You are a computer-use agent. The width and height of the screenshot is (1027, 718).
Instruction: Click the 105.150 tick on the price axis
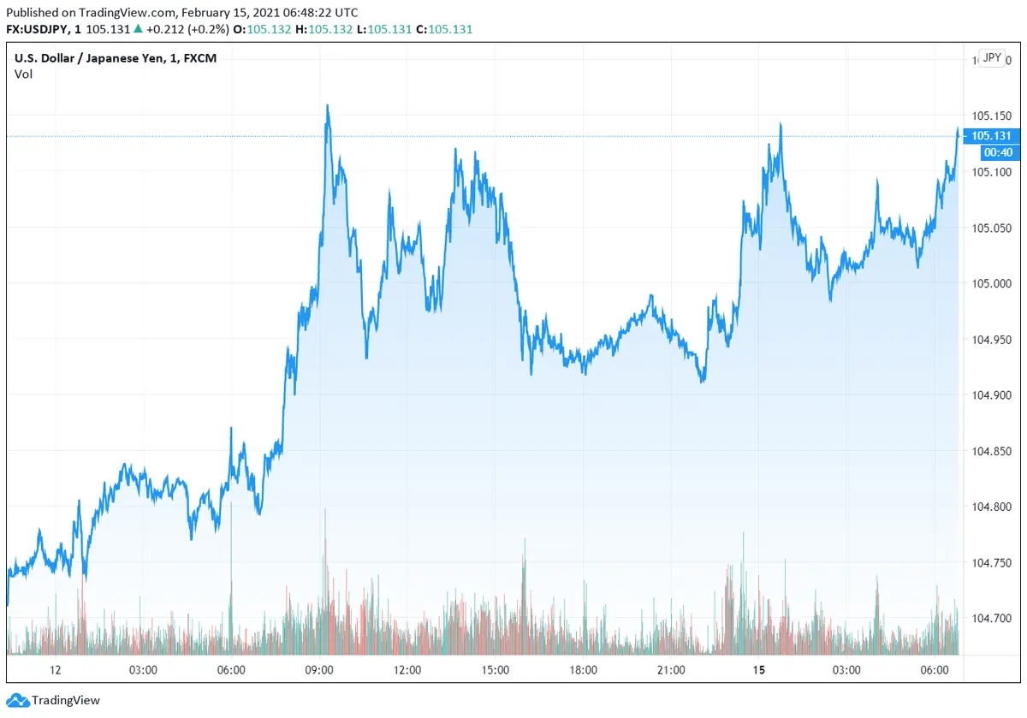pos(990,116)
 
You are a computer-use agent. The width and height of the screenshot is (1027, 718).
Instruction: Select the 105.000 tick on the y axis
pos(990,283)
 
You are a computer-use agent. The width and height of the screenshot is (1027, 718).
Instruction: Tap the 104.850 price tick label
pos(990,451)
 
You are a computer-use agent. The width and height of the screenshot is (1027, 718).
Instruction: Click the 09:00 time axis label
pos(319,669)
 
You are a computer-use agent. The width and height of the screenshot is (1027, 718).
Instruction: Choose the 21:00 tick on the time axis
pos(670,669)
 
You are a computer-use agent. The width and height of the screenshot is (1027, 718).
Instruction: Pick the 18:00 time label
pos(582,669)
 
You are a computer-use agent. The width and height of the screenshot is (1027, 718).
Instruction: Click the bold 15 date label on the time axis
pos(758,669)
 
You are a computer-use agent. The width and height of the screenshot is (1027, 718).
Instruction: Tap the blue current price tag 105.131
pos(991,136)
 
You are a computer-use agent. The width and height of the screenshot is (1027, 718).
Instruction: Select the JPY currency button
pos(992,57)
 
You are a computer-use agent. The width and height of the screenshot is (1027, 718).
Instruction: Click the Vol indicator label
pos(24,74)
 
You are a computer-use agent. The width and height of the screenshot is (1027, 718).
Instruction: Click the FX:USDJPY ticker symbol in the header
pos(39,29)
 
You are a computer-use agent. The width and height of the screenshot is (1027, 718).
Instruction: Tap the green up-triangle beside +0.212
pos(138,29)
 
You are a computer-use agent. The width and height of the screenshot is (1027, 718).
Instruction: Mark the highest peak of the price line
pos(328,106)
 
